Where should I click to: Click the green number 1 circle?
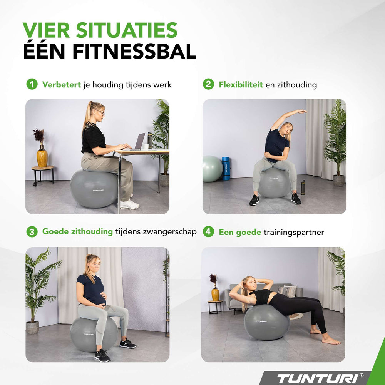click(32, 84)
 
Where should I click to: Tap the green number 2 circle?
click(208, 84)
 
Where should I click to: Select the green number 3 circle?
click(32, 231)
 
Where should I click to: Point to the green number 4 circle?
click(208, 231)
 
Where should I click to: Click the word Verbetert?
click(61, 84)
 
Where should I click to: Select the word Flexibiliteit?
click(241, 84)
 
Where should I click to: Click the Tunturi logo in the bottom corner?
click(320, 378)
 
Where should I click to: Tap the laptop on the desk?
click(138, 142)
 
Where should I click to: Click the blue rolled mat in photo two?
click(226, 168)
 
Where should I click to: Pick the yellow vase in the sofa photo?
click(215, 293)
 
